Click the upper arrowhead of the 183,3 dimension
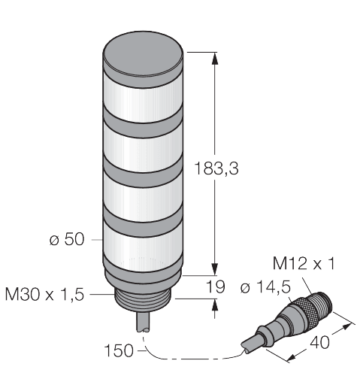click(x=215, y=57)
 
